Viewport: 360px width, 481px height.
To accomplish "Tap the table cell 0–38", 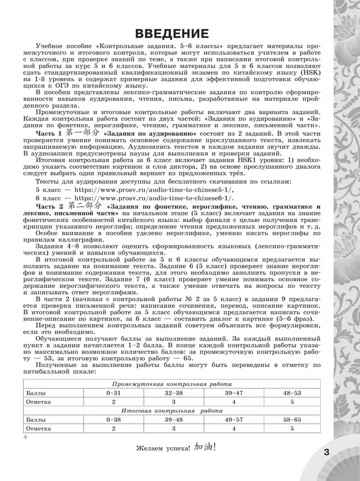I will [113, 420].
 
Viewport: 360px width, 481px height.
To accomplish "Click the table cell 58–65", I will [292, 420].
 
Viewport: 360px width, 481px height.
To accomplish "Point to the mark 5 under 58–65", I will [292, 428].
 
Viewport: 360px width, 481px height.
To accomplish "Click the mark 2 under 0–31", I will [113, 401].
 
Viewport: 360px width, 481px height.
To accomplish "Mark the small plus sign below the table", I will [25, 437].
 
